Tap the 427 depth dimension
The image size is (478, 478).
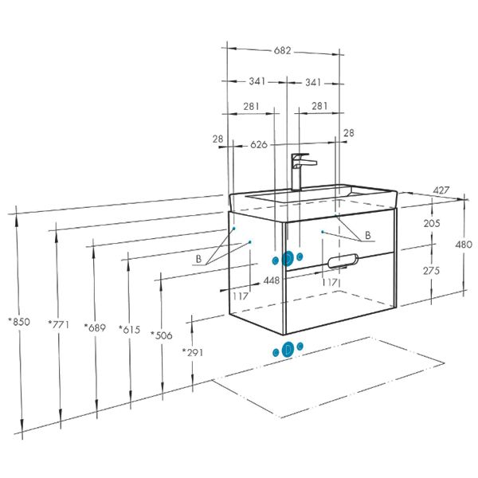point(441,190)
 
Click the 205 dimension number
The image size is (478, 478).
point(432,223)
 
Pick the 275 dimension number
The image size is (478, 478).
point(432,270)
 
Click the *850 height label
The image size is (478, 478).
point(19,322)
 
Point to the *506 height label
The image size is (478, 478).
point(162,334)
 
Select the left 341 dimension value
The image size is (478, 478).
point(257,82)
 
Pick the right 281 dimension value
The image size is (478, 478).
point(319,107)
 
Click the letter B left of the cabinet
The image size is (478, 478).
point(198,259)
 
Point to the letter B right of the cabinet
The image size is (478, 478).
point(367,235)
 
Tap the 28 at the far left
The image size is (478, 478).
point(218,139)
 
